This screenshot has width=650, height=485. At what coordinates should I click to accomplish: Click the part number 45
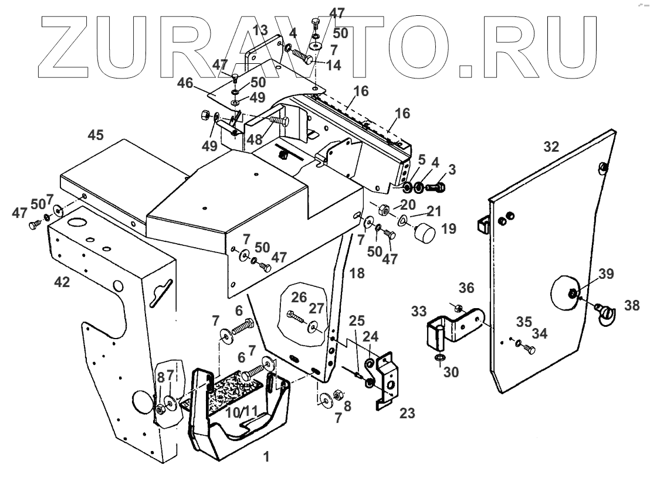[96, 135]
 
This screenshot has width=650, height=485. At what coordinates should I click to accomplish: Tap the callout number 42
[62, 282]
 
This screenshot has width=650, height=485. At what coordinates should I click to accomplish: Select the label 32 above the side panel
[551, 147]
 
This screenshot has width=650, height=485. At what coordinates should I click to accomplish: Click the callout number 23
[407, 414]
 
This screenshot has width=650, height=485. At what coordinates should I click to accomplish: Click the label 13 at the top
[262, 30]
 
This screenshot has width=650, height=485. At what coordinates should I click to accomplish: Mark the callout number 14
[333, 65]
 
